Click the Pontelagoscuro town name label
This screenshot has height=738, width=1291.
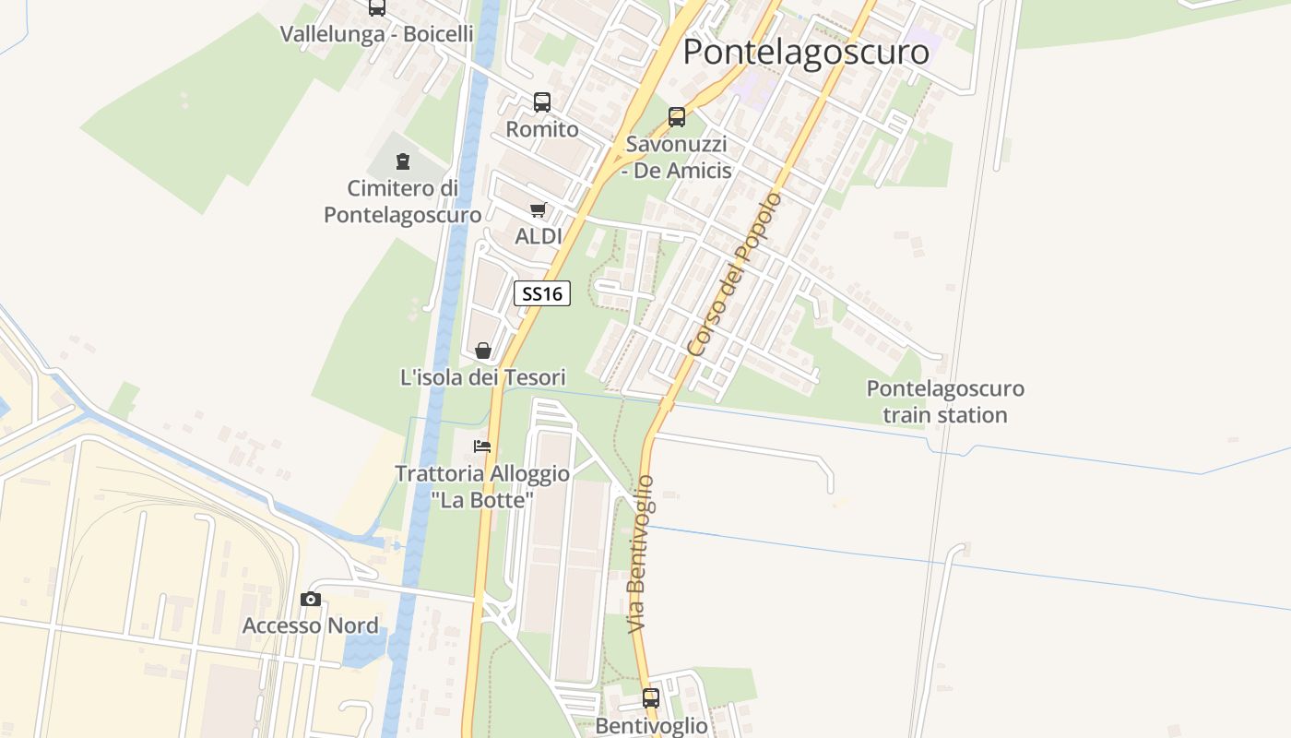pos(805,52)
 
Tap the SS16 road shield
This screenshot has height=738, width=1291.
pos(541,294)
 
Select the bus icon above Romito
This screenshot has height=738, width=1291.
pos(542,102)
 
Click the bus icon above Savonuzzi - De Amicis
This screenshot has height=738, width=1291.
pos(677,117)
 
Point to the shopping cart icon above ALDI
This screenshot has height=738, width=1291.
pos(539,210)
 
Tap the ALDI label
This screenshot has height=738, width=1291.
pos(539,237)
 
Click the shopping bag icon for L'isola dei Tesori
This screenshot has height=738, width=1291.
pos(482,351)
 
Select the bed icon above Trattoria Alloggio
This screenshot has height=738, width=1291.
pos(482,446)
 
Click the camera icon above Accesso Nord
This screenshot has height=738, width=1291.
pos(311,600)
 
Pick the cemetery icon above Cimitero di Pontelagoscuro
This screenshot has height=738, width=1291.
pos(402,162)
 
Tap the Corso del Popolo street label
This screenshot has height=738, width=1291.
pos(735,275)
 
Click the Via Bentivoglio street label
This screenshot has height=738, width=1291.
pos(641,553)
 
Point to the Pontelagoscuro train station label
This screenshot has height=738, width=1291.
pos(945,401)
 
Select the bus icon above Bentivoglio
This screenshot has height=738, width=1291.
pos(651,698)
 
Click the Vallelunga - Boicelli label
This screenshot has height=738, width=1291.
pos(376,34)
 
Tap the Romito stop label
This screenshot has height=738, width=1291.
pos(542,129)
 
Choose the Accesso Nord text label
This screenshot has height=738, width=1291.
pos(310,626)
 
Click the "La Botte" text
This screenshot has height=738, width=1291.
pos(482,500)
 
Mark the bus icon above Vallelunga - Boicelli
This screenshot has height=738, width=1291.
pos(376,7)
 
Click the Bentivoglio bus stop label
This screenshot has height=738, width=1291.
pos(651,726)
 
